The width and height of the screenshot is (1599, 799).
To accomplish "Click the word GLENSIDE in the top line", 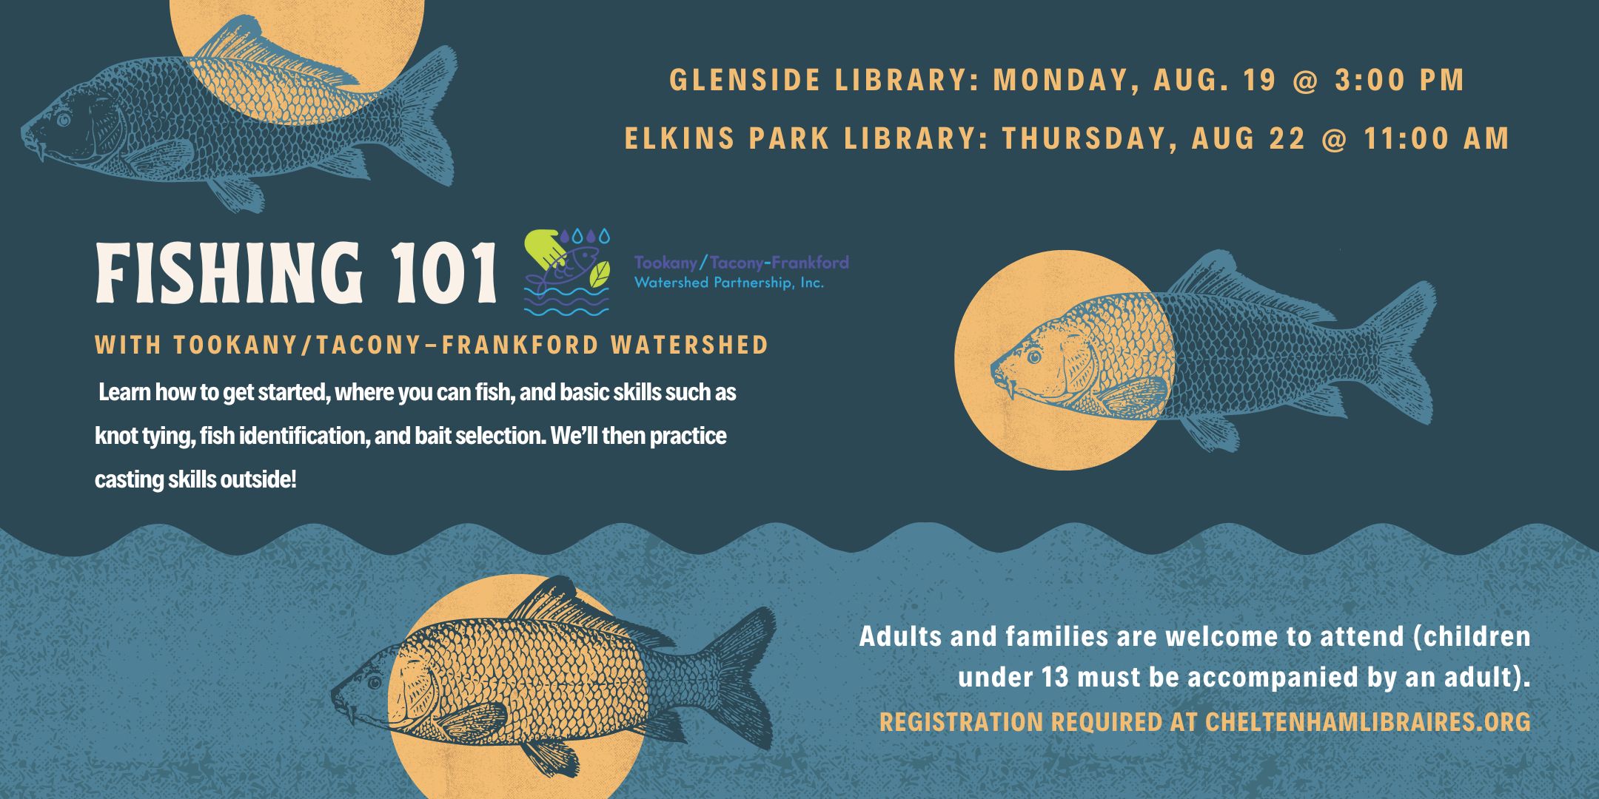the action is point(745,80).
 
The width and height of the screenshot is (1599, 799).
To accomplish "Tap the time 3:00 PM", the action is point(1400,80).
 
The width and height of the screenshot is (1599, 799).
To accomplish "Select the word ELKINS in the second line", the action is point(680,138).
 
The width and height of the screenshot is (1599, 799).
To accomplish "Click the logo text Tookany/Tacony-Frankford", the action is point(741,262).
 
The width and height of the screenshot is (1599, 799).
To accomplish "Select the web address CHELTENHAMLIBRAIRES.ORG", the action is point(1367,721).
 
